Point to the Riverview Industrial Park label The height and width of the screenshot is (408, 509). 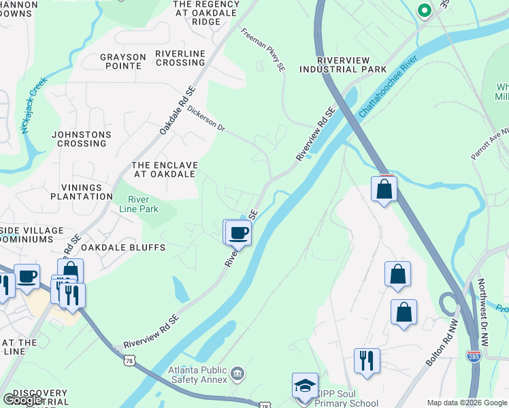pyautogui.click(x=343, y=64)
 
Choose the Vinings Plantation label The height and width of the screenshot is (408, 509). pyautogui.click(x=81, y=192)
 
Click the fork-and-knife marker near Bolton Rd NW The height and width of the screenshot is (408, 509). pyautogui.click(x=367, y=360)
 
